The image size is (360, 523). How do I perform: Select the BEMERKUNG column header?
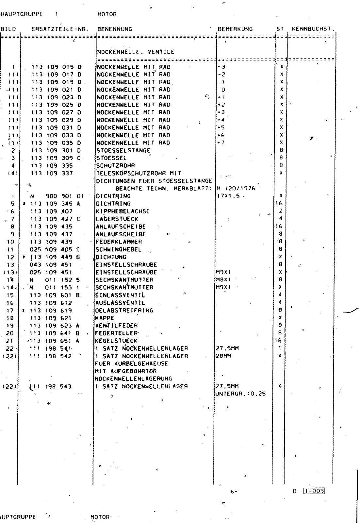pyautogui.click(x=235, y=29)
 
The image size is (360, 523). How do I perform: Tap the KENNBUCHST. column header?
pyautogui.click(x=313, y=29)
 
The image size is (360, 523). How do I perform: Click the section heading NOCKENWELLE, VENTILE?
pyautogui.click(x=135, y=52)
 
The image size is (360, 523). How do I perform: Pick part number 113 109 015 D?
pyautogui.click(x=56, y=67)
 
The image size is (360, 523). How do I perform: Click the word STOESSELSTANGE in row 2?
pyautogui.click(x=123, y=151)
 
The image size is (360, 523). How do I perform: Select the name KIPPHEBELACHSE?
pyautogui.click(x=123, y=211)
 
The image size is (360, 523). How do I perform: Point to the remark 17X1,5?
pyautogui.click(x=228, y=196)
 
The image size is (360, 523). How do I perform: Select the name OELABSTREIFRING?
pyautogui.click(x=124, y=311)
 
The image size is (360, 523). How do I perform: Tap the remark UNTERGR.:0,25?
pyautogui.click(x=240, y=394)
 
